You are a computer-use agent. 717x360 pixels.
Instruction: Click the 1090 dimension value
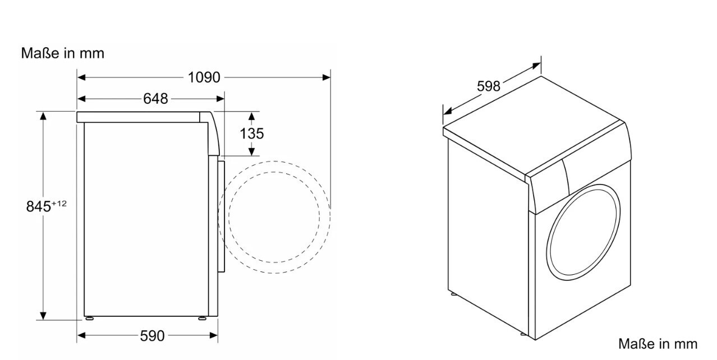point(204,77)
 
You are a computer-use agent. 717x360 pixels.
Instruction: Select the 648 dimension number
point(155,99)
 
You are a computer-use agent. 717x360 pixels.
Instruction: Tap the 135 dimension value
point(252,133)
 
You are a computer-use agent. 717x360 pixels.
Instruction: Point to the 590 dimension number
point(153,336)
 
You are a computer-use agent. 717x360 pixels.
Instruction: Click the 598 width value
point(489,86)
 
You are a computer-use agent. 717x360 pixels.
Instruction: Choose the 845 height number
point(38,206)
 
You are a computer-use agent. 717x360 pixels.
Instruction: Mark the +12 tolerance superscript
point(59,203)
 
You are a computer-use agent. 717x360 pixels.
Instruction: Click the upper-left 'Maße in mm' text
point(63,53)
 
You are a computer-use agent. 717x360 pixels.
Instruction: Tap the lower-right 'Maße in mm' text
point(658,344)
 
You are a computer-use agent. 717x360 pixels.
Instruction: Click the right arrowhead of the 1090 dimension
point(327,77)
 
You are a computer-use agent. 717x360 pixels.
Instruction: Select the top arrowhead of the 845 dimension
point(43,116)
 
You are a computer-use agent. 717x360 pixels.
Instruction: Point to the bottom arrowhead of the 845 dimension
point(43,316)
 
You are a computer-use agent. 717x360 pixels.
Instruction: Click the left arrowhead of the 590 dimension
point(81,335)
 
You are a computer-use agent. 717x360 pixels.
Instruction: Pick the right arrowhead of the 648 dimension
point(220,99)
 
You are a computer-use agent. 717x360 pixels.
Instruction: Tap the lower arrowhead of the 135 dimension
point(252,152)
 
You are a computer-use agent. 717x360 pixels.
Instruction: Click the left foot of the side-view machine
point(89,319)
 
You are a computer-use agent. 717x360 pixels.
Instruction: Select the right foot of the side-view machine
point(203,319)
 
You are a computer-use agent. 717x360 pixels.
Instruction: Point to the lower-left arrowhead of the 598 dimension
point(447,112)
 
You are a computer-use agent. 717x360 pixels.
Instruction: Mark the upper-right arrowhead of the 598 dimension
point(537,66)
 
